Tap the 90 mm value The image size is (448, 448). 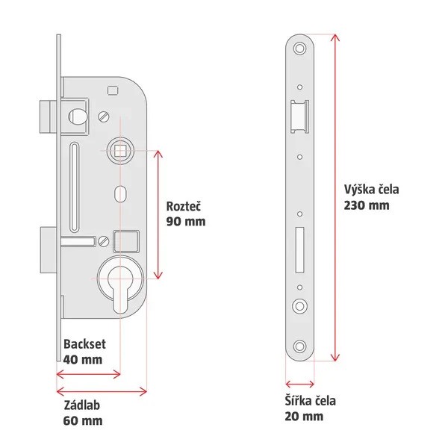click(185, 222)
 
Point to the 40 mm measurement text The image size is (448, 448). click(82, 360)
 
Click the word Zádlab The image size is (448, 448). click(81, 405)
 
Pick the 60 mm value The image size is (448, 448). click(82, 420)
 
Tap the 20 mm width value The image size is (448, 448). click(304, 416)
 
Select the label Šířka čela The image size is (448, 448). click(310, 401)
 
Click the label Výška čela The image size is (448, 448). click(371, 190)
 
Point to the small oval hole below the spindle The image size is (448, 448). click(119, 193)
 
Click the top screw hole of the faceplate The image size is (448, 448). click(300, 49)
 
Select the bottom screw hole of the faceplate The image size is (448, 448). click(300, 346)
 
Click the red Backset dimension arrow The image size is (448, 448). click(88, 373)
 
